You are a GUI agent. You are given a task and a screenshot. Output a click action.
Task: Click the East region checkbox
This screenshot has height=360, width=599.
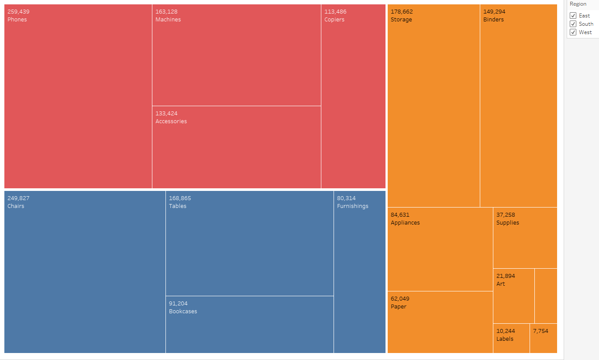tap(573, 16)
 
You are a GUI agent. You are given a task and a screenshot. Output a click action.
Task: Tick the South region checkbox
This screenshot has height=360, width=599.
tap(573, 24)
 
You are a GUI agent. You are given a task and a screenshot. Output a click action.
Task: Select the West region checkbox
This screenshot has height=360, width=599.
tap(573, 32)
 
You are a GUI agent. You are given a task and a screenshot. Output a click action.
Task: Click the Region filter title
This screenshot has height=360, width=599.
tap(578, 4)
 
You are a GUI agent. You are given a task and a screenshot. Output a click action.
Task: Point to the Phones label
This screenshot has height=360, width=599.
tap(17, 20)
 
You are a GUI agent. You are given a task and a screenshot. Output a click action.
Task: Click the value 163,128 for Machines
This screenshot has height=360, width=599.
tap(166, 12)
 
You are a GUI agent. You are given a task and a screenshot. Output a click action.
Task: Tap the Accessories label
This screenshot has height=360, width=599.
tap(171, 121)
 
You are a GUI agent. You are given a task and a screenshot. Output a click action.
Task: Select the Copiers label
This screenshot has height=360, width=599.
tap(334, 20)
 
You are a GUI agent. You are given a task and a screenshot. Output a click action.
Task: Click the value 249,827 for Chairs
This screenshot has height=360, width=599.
tap(18, 198)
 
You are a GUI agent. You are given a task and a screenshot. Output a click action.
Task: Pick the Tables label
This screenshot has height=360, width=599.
tap(178, 206)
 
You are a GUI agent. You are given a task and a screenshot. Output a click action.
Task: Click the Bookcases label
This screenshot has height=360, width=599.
tap(183, 312)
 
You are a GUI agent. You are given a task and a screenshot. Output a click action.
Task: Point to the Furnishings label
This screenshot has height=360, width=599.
tap(353, 206)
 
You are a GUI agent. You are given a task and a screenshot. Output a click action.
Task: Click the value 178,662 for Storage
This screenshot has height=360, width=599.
tap(402, 12)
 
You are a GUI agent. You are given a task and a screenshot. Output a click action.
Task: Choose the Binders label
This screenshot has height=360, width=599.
tap(493, 20)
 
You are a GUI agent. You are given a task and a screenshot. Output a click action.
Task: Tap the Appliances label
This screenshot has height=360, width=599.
tap(405, 223)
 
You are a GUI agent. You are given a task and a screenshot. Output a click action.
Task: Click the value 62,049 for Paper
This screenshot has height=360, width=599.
tap(400, 299)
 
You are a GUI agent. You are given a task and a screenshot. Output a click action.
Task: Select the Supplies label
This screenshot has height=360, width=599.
tap(508, 223)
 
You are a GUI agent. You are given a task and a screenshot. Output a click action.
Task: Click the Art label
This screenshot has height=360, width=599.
tap(500, 284)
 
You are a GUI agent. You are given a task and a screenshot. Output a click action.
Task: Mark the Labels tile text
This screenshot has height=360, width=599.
tap(505, 339)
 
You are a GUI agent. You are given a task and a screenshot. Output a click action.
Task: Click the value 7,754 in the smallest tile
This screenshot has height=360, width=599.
tap(540, 331)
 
